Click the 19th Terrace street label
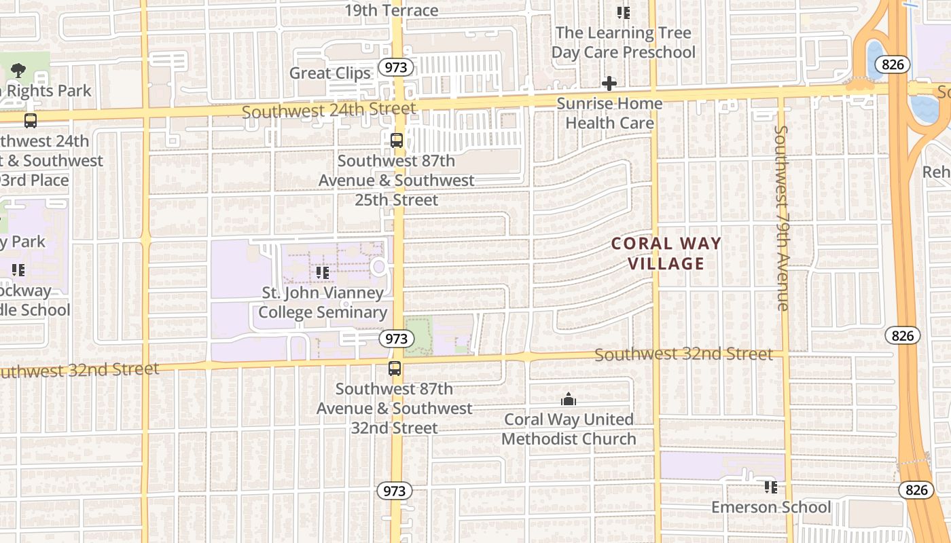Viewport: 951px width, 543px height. tap(391, 10)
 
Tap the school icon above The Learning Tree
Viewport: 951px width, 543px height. tap(623, 12)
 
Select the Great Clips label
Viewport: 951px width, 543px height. tap(330, 73)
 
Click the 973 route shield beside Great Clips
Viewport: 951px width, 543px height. tap(393, 67)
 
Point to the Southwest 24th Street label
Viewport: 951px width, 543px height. tap(329, 109)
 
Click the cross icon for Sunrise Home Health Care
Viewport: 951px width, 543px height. tap(609, 83)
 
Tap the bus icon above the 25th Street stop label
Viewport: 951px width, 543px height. tap(397, 141)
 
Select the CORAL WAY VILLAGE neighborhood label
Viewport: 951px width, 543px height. tap(666, 253)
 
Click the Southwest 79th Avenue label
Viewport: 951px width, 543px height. tap(782, 217)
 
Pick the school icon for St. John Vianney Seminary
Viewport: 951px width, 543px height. tap(323, 273)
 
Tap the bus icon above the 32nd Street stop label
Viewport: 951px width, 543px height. tap(395, 369)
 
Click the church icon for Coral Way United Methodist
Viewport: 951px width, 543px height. tap(569, 400)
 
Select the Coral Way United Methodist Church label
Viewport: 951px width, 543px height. tap(569, 429)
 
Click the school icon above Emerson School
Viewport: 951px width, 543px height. tap(770, 487)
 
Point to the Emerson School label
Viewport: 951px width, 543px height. tap(770, 507)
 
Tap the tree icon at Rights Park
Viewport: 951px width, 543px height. tap(18, 69)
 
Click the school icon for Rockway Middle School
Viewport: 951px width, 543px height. tap(18, 270)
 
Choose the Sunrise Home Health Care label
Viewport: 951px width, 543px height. tap(609, 113)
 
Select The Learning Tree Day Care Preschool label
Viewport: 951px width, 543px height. tap(623, 42)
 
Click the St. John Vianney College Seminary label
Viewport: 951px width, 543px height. tap(323, 303)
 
